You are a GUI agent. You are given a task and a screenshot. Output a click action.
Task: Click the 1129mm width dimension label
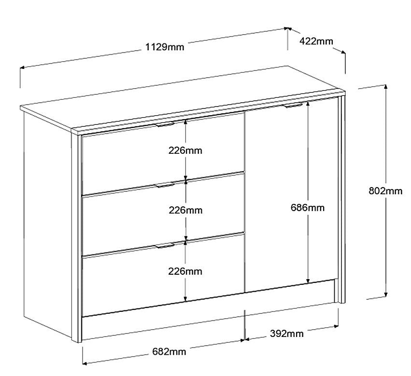click(x=165, y=47)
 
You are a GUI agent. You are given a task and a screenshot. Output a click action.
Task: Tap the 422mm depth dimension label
click(x=316, y=41)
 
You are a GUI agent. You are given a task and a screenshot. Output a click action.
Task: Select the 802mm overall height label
click(x=385, y=191)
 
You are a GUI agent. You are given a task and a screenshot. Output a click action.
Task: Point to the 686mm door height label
click(x=308, y=207)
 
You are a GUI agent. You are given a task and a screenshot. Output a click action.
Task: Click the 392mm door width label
click(x=287, y=334)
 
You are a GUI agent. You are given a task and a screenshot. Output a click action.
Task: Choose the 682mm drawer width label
click(x=169, y=351)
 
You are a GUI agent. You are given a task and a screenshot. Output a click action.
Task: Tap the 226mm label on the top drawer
click(x=185, y=150)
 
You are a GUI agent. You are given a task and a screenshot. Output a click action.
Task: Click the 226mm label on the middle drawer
click(x=185, y=210)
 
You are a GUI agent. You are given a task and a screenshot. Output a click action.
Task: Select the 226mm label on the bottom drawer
click(x=185, y=271)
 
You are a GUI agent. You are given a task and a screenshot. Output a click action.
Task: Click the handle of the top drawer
click(x=165, y=124)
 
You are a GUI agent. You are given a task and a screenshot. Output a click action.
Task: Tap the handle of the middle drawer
click(x=165, y=185)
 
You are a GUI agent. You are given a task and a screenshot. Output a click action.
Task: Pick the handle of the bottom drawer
click(x=165, y=246)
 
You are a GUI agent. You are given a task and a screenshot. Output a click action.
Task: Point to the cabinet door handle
click(x=293, y=105)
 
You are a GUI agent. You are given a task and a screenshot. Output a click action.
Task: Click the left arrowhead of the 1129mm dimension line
click(x=22, y=68)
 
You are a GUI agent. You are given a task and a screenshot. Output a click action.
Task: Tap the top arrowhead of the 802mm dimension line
click(x=385, y=87)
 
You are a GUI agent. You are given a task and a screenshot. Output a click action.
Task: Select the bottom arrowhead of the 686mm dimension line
click(x=308, y=281)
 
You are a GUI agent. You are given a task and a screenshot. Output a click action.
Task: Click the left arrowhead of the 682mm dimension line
click(x=85, y=363)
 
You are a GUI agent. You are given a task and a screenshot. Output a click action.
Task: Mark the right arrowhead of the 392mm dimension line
click(x=336, y=326)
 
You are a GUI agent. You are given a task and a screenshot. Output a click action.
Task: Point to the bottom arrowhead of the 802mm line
click(x=385, y=295)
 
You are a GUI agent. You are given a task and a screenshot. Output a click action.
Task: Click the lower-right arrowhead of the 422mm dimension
click(x=343, y=52)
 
